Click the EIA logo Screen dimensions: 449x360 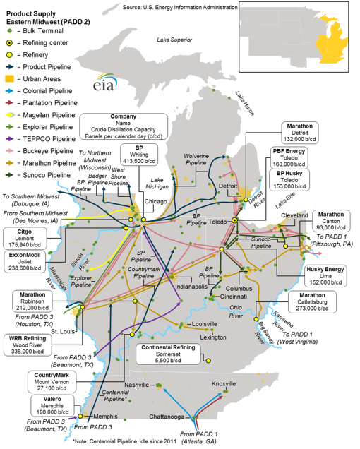click(x=105, y=83)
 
